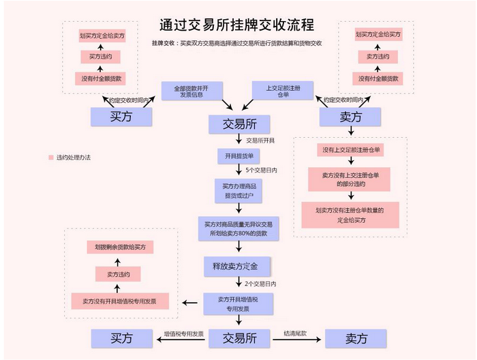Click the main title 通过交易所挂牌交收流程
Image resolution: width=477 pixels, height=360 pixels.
[236, 25]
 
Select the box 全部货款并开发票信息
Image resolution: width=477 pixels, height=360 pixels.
[191, 91]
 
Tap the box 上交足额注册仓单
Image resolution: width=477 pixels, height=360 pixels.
[283, 91]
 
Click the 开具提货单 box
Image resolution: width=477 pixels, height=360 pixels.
[238, 156]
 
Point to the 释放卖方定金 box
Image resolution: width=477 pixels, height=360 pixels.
[236, 267]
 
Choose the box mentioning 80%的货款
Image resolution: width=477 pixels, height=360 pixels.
[238, 229]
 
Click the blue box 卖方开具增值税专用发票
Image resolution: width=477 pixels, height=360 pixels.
[238, 304]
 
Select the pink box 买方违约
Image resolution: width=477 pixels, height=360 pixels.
[100, 57]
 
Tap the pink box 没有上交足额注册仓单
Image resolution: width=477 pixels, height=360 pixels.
[350, 150]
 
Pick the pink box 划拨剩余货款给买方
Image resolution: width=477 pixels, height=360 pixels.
[120, 247]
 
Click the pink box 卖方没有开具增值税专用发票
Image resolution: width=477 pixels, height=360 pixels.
[120, 301]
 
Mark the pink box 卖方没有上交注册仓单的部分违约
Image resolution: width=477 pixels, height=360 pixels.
[349, 179]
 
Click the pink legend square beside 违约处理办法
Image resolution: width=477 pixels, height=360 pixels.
[51, 157]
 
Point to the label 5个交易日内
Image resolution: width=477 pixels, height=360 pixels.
[261, 170]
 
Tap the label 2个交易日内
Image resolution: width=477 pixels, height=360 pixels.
[260, 284]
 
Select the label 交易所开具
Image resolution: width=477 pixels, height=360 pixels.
[260, 140]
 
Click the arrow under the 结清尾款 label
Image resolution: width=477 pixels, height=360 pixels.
[297, 340]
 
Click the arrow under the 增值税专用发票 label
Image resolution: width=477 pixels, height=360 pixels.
[181, 340]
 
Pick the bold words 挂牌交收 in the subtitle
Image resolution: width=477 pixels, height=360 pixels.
[163, 43]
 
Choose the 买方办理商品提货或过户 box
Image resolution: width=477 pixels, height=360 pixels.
[238, 191]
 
